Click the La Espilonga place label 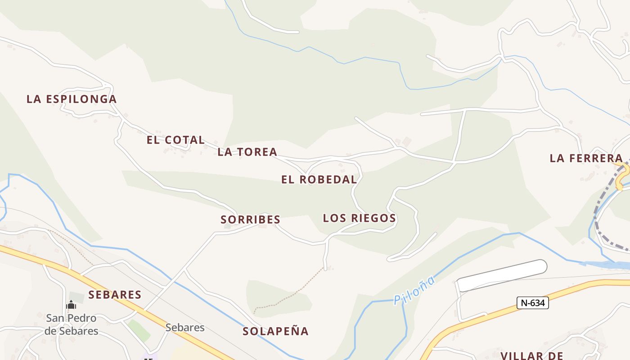(72, 99)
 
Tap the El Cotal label (175, 140)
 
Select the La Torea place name (247, 152)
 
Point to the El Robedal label (319, 180)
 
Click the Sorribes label (251, 220)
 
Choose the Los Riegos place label (359, 218)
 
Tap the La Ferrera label (586, 158)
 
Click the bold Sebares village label (115, 295)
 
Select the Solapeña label (275, 332)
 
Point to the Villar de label (532, 355)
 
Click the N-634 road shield (532, 303)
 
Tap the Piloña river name (414, 290)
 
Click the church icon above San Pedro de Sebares (71, 306)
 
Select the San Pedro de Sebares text (71, 324)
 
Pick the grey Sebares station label (185, 327)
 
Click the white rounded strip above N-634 (502, 275)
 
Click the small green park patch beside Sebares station (139, 330)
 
